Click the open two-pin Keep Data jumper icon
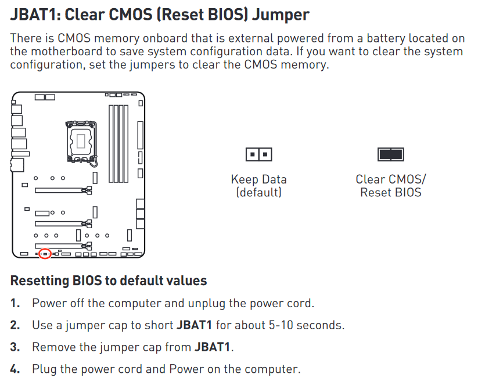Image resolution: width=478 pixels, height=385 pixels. pos(258,154)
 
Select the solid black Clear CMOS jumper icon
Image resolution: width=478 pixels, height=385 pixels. pos(390,154)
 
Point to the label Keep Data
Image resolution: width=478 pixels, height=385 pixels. pos(258,179)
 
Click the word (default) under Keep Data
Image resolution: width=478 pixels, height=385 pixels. pos(258,192)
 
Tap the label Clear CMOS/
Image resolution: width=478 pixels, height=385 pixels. pos(390,179)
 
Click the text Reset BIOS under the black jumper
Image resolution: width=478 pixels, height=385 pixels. pos(390,192)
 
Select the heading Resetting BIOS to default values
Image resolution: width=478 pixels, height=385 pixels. pos(109,281)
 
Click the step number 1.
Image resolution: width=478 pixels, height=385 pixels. pos(15,303)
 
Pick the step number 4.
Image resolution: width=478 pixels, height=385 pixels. pos(15,369)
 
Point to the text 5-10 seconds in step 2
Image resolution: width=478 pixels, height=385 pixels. pos(300,325)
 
